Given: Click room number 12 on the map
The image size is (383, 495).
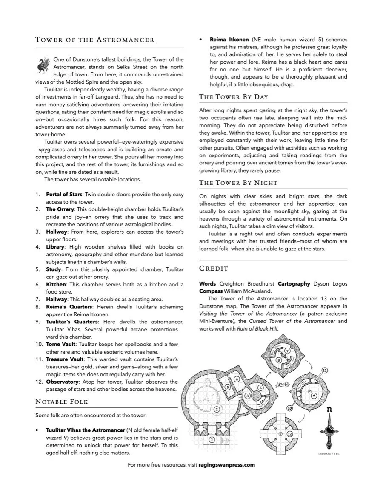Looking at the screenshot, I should pyautogui.click(x=289, y=434).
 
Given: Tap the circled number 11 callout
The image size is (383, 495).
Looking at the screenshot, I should pyautogui.click(x=325, y=371).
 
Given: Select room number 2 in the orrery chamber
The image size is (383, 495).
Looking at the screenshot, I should pyautogui.click(x=217, y=409).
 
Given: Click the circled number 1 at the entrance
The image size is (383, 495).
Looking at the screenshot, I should pyautogui.click(x=212, y=440).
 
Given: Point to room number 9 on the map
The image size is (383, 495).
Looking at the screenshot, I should pyautogui.click(x=314, y=396).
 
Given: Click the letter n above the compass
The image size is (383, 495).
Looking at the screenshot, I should pyautogui.click(x=329, y=410).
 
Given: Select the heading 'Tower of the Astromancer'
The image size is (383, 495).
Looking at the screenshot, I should pyautogui.click(x=94, y=40).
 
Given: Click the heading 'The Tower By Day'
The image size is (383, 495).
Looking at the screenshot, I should pyautogui.click(x=233, y=97).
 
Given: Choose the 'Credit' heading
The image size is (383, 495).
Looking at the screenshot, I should pyautogui.click(x=214, y=269).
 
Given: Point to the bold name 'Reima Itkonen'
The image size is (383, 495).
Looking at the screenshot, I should pyautogui.click(x=229, y=40).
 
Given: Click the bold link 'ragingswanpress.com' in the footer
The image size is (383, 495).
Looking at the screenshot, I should pyautogui.click(x=226, y=465).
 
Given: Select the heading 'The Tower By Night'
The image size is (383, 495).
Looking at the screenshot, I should pyautogui.click(x=238, y=183).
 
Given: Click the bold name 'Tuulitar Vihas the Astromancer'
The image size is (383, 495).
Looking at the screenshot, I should pyautogui.click(x=86, y=430).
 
